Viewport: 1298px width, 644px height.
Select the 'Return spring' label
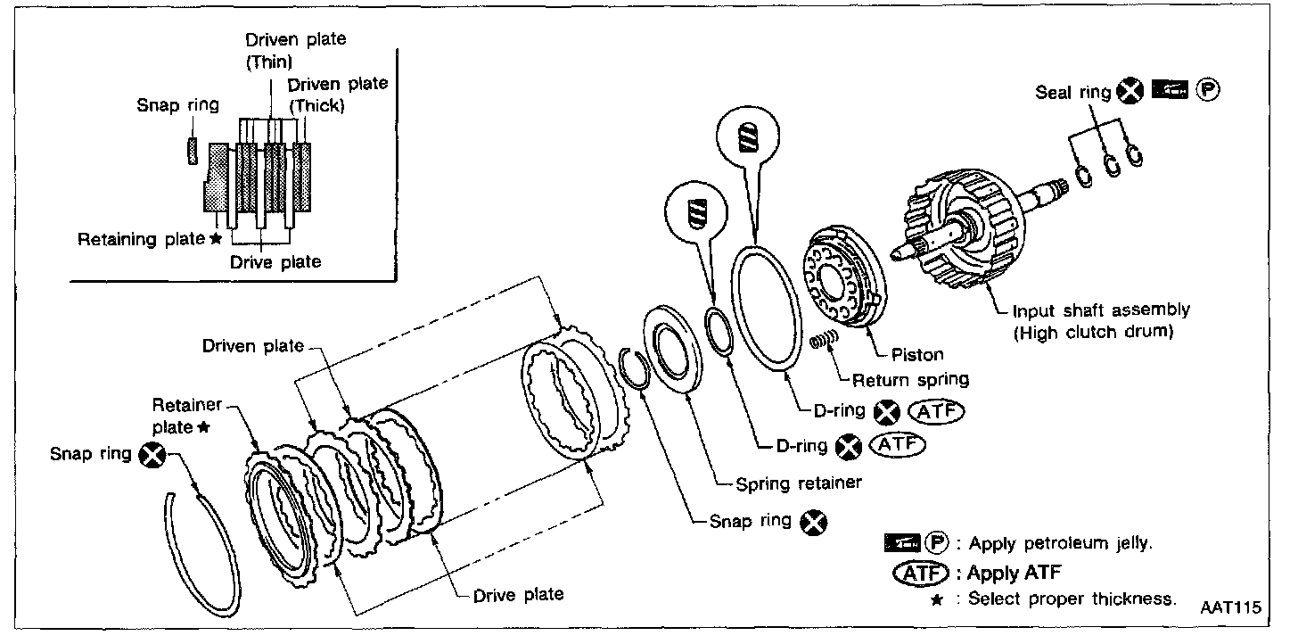coord(910,379)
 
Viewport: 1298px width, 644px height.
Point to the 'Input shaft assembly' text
coord(1101,310)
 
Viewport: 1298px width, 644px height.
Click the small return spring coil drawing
coord(825,340)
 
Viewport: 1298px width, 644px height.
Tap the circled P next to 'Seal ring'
coord(1210,90)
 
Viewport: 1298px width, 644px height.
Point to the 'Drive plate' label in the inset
coord(275,262)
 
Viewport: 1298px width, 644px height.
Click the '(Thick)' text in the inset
coord(318,104)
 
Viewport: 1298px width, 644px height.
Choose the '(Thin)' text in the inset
coord(269,62)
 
